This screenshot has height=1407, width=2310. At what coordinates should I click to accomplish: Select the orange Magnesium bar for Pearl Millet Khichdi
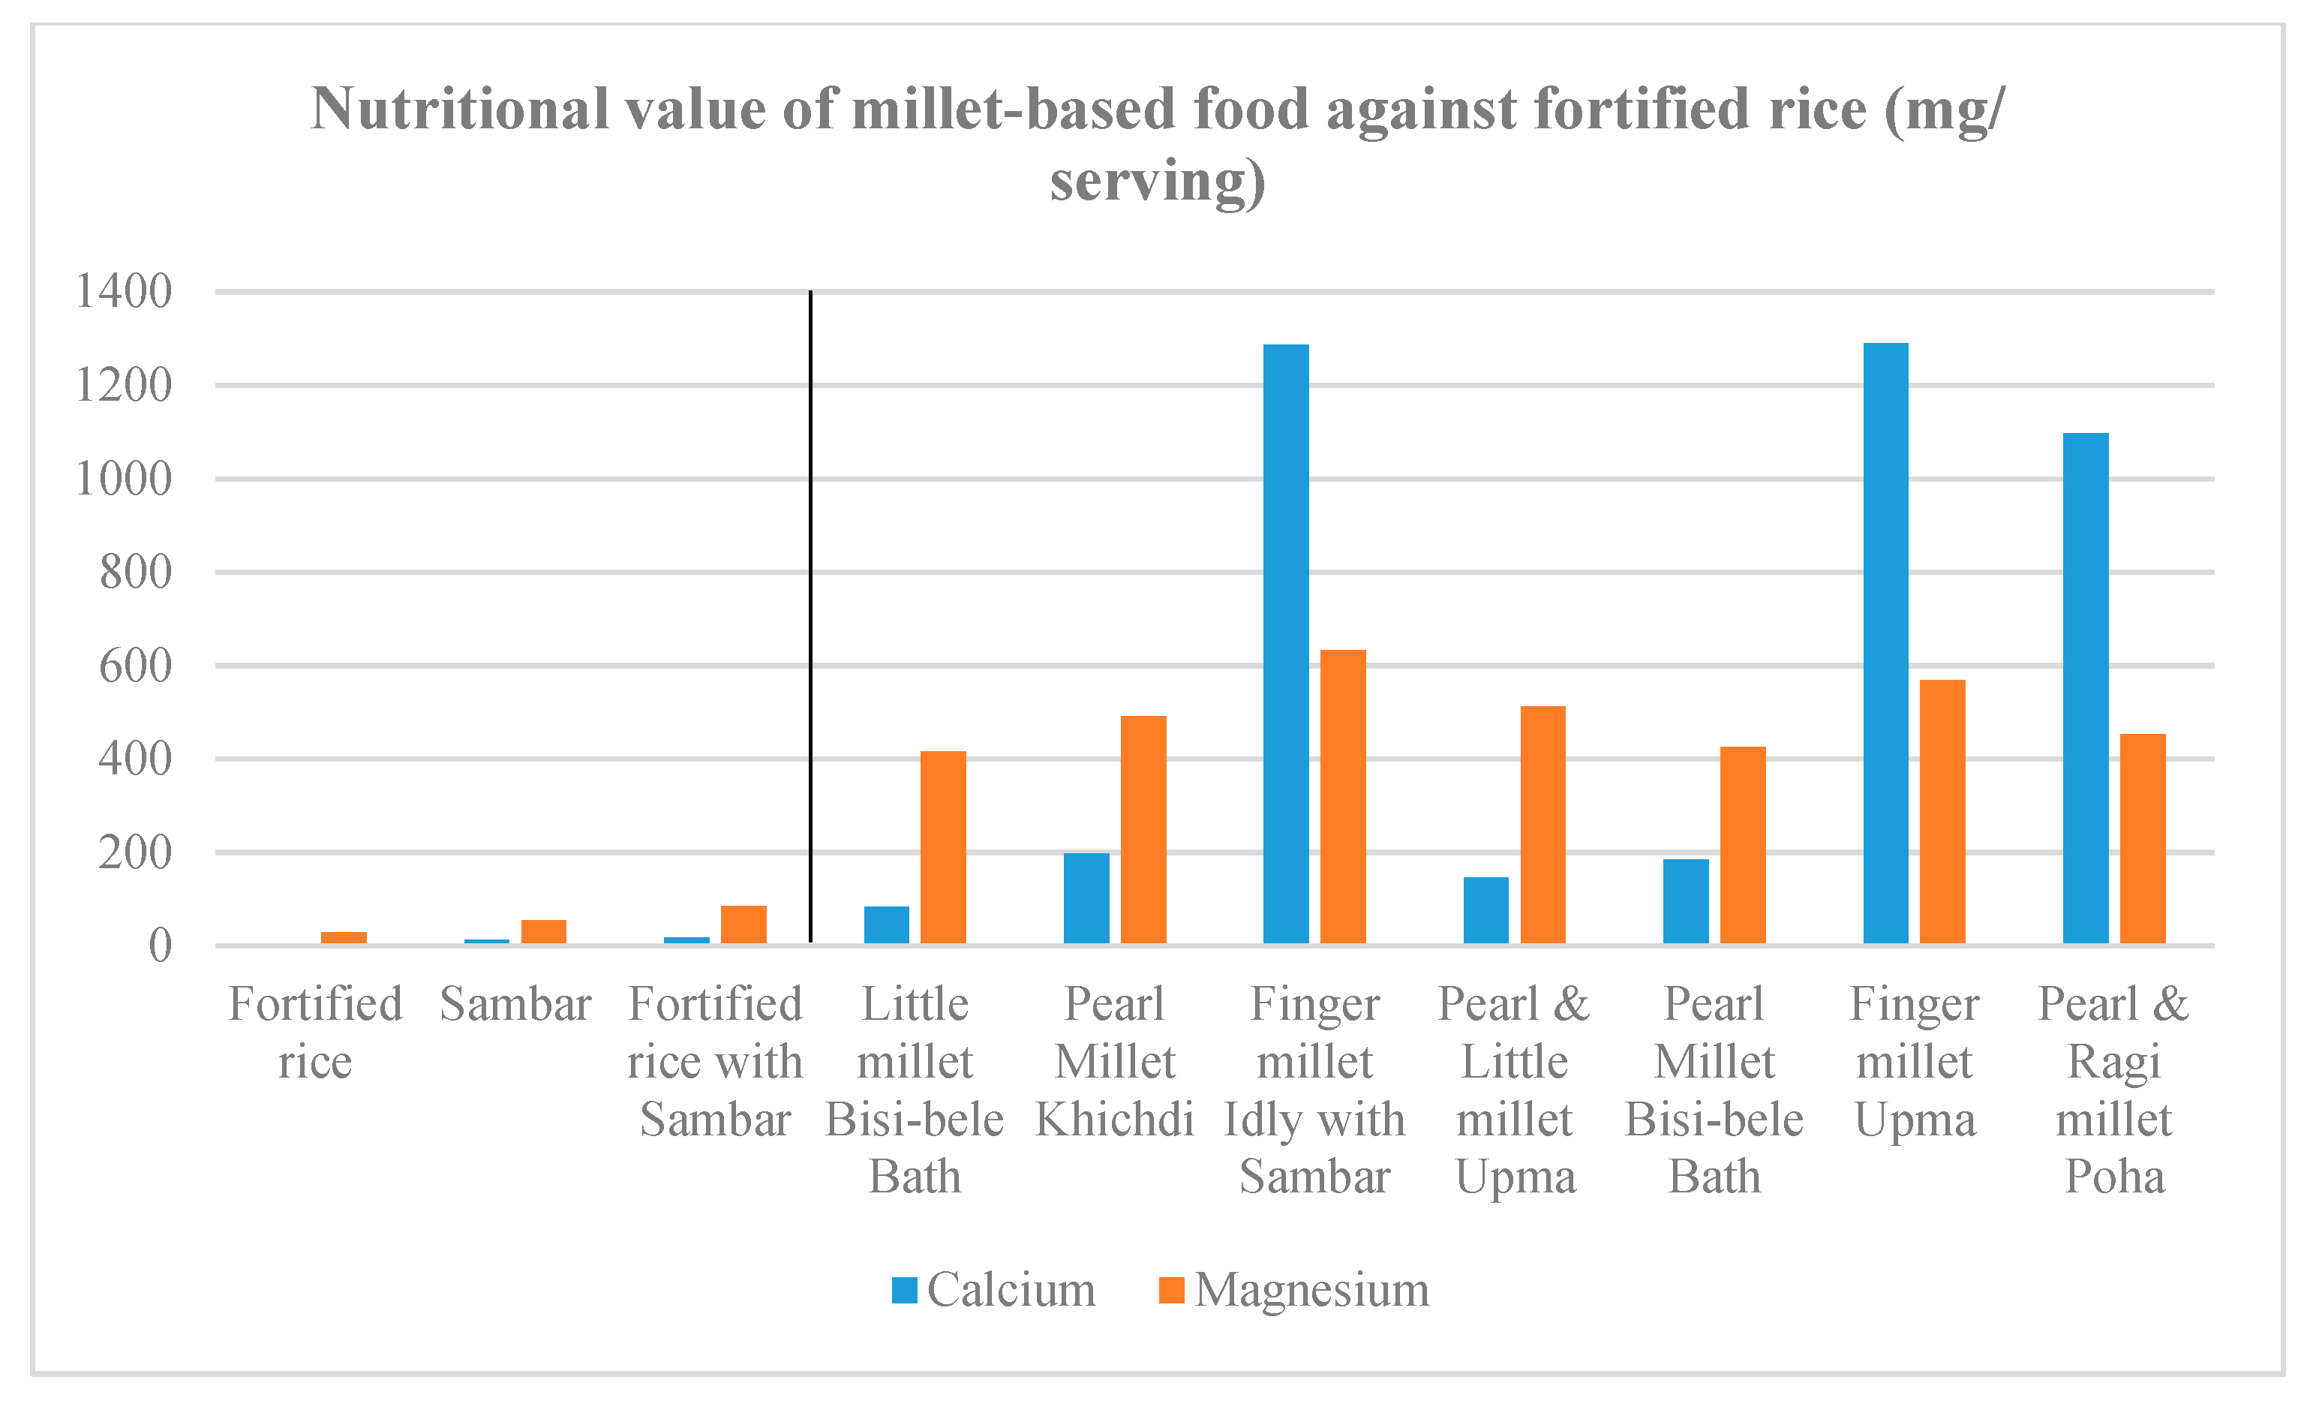pos(1143,829)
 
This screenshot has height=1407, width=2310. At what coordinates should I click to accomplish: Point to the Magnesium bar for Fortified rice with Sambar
pos(743,924)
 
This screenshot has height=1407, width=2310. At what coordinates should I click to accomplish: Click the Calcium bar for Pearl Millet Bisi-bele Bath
pos(1686,900)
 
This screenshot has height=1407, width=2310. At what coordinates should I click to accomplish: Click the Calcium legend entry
pos(994,1290)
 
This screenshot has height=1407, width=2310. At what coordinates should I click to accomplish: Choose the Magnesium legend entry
pos(1293,1290)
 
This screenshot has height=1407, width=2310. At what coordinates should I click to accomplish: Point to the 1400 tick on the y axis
pos(124,292)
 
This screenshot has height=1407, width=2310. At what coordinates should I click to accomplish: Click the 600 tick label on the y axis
pos(136,666)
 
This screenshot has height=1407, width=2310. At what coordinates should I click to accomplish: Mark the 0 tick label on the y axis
pos(161,946)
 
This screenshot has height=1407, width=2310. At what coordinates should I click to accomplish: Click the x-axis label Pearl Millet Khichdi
pos(1115,1061)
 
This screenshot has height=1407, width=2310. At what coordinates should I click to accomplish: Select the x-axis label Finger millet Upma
pos(1915,1061)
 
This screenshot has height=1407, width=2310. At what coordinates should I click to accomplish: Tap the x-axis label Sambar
pos(515,1005)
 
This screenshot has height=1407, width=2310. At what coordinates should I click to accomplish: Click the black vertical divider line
pos(810,609)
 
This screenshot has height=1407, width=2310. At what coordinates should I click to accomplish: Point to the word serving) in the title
pos(1157,180)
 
